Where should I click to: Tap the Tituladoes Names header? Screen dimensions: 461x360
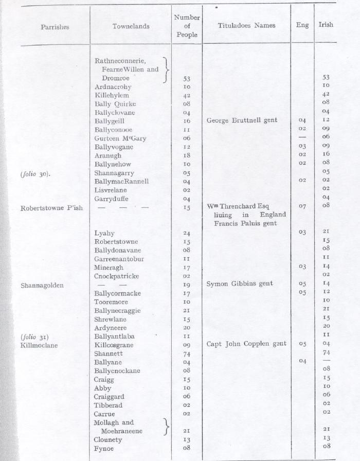(x=246, y=25)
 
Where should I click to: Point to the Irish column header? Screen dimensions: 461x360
(x=326, y=25)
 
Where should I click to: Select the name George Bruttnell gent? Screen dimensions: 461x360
(x=242, y=121)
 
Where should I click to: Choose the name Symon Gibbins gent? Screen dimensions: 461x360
(x=240, y=284)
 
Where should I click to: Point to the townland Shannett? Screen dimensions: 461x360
(x=107, y=353)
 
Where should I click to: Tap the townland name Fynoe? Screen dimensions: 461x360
(x=104, y=449)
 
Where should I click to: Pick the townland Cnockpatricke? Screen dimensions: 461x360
(x=117, y=276)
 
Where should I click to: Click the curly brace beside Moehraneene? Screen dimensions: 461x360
(x=166, y=427)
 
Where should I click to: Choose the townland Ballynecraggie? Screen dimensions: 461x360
(x=118, y=311)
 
